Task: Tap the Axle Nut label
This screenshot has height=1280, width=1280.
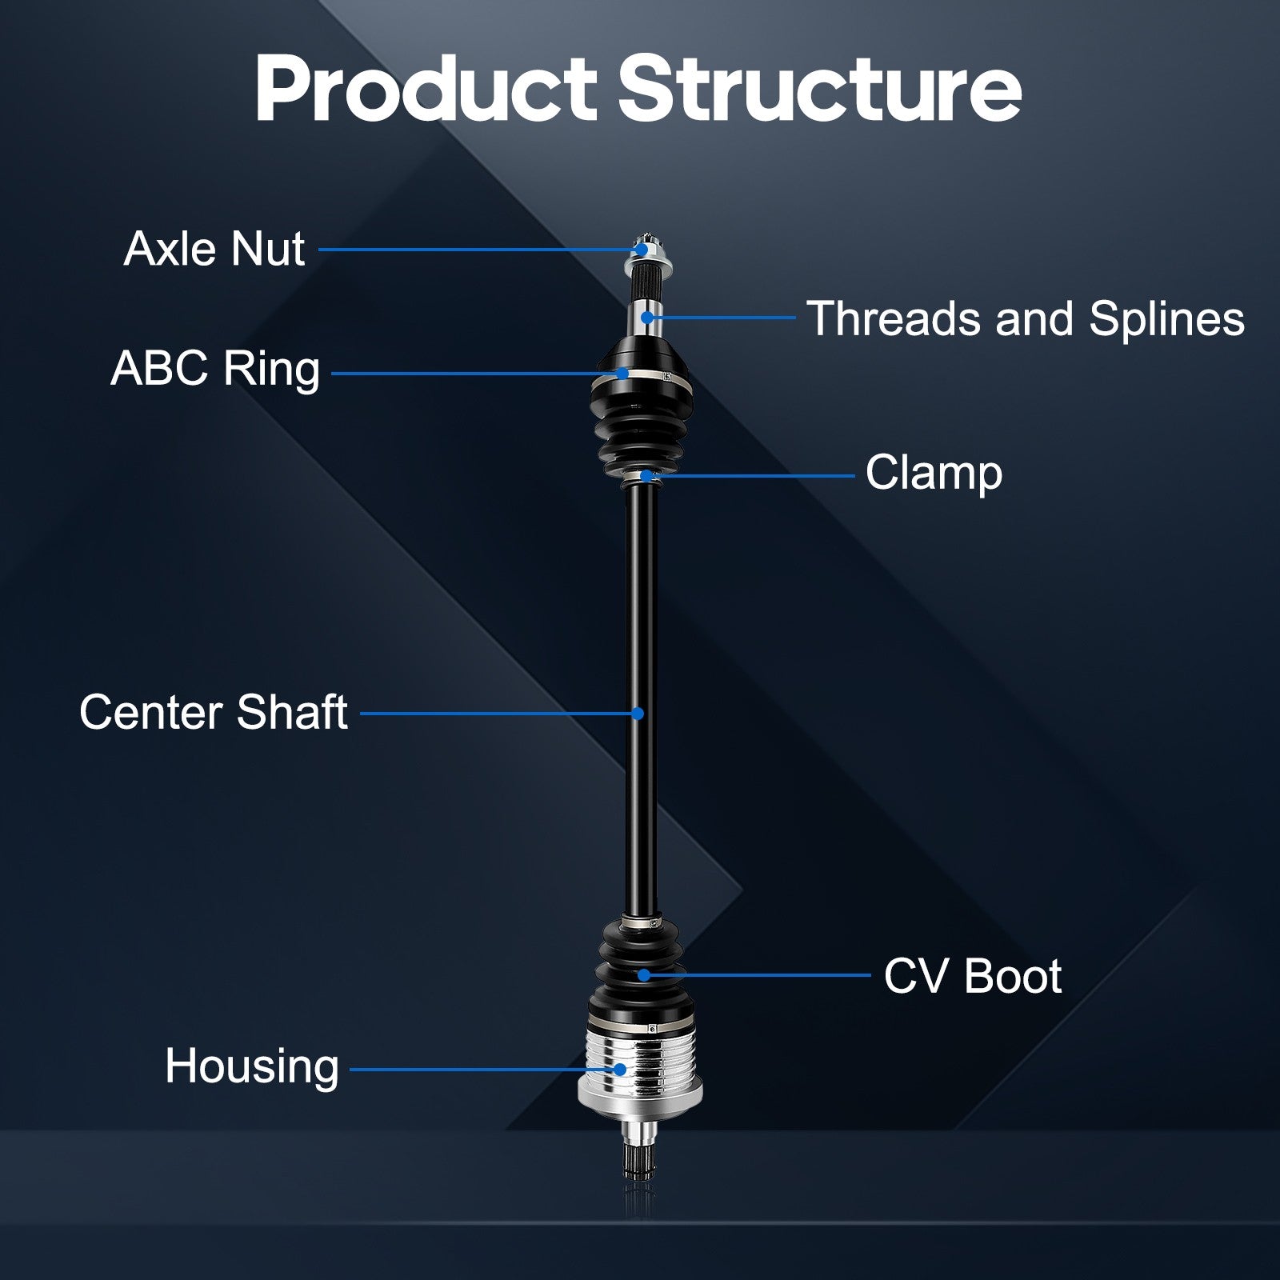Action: coord(214,249)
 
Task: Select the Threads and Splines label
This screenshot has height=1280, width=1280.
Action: coord(1026,318)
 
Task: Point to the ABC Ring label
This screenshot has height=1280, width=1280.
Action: coord(215,369)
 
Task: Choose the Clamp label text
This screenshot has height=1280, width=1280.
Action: coord(934,473)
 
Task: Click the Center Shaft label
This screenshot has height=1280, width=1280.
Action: coord(214,712)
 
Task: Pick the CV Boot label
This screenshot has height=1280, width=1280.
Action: coord(973,976)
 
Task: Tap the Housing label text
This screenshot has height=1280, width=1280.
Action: coord(252,1067)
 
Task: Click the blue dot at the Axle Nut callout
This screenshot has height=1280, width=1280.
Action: coord(642,250)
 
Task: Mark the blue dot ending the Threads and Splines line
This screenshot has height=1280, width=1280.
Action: coord(646,318)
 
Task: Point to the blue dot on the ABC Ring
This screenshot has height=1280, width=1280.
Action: coord(622,373)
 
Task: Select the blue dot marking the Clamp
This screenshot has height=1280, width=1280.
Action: coord(646,476)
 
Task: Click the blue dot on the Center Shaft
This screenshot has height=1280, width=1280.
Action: coord(638,713)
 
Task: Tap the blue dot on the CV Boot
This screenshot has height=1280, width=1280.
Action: coord(644,974)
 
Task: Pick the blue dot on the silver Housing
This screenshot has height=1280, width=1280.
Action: coord(619,1069)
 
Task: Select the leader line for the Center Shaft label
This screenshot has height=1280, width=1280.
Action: coord(499,713)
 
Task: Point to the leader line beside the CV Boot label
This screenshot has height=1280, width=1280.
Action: coord(757,974)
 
